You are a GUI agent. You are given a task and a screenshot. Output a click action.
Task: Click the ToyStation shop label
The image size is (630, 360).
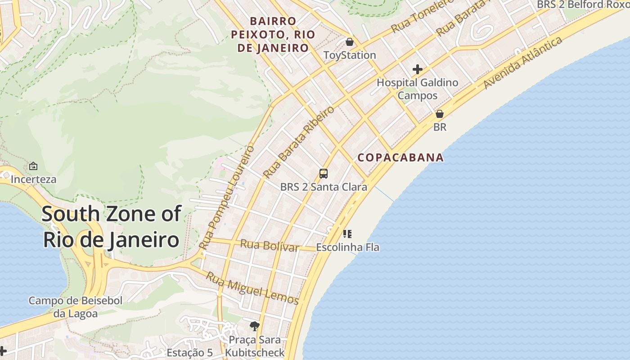[x=350, y=55]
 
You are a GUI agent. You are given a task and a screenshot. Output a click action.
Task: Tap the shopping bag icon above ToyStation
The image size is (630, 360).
[x=350, y=42]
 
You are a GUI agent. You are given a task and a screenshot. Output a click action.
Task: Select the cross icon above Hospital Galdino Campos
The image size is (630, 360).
[x=418, y=69]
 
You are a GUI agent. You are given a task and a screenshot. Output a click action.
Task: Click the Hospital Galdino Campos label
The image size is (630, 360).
[x=417, y=89]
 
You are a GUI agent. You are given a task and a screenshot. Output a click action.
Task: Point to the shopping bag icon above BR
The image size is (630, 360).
[x=440, y=114]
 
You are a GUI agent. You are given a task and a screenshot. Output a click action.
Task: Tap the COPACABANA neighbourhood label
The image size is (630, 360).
[x=400, y=157]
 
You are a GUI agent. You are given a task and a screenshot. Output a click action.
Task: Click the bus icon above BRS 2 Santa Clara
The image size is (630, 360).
[x=323, y=174]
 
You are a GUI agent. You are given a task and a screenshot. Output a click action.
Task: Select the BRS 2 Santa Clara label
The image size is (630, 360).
[x=324, y=187]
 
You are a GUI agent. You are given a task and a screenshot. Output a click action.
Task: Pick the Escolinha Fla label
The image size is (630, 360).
[x=347, y=247]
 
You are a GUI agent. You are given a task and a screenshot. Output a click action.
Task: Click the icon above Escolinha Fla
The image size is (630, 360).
[x=347, y=234]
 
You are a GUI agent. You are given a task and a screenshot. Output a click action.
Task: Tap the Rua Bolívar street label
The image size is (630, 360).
[x=270, y=246]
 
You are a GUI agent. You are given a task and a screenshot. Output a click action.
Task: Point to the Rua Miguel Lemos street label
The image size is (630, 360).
[x=252, y=288]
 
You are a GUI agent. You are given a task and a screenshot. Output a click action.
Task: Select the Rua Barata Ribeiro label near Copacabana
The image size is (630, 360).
[x=299, y=142]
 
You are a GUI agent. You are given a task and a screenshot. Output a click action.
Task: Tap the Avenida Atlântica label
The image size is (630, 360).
[x=523, y=63]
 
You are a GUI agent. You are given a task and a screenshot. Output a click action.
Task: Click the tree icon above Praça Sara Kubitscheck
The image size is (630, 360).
[x=255, y=326]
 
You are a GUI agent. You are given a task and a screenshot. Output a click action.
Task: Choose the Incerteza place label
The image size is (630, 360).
[x=33, y=180]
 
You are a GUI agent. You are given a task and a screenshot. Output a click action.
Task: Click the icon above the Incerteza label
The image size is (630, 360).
[x=33, y=166]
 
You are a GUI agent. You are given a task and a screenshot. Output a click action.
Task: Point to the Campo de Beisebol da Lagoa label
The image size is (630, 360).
[x=76, y=307]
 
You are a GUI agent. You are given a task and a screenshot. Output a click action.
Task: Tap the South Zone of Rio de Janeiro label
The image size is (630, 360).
[x=112, y=227]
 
